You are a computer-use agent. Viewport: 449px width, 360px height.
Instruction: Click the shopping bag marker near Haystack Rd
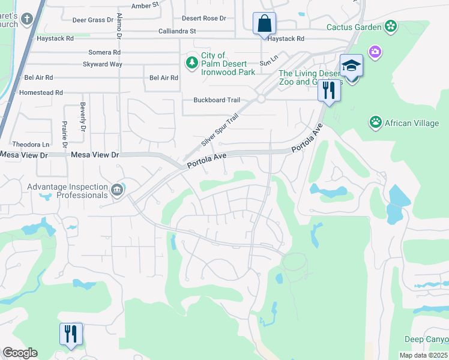[264, 25]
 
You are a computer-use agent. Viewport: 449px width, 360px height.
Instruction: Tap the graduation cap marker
[352, 67]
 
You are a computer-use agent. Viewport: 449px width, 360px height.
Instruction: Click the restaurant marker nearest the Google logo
[71, 334]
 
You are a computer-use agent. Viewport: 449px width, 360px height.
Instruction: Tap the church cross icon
[26, 19]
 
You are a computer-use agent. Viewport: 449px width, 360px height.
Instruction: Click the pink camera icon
[375, 52]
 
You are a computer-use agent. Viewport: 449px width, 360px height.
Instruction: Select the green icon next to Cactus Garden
[391, 26]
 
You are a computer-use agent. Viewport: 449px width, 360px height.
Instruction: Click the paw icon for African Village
[376, 123]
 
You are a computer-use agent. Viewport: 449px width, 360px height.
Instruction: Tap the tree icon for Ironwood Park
[191, 62]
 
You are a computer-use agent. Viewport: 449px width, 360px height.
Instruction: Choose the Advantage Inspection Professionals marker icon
[117, 191]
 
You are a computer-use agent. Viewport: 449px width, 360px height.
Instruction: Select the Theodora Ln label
[31, 145]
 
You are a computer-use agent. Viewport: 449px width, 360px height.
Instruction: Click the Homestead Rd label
[41, 93]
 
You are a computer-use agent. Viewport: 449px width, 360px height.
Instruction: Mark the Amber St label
[145, 5]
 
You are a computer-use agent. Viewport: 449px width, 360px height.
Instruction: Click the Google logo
[20, 353]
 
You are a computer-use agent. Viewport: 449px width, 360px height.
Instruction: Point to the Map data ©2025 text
[423, 355]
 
